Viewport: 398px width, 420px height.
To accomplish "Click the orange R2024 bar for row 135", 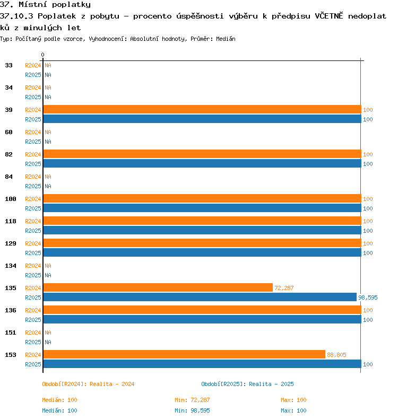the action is pos(158,287).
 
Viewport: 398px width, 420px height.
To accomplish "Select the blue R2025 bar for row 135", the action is pos(200,297).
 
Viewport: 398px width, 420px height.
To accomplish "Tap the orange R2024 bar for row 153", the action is pos(184,354).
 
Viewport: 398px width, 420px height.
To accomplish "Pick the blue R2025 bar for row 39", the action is pos(202,119).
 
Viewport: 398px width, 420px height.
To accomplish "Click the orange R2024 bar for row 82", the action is pos(202,154).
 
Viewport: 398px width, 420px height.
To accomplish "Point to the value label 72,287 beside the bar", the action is pos(284,288).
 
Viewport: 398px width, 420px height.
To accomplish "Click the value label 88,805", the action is pos(336,355).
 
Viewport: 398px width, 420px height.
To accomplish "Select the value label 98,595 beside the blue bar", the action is pos(368,297).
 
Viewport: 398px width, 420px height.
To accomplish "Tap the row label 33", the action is pos(8,65).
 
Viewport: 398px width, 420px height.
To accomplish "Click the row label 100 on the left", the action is pos(11,199).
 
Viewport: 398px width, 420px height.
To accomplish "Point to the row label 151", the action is pos(11,332).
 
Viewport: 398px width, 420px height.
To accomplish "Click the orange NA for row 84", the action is pos(48,177).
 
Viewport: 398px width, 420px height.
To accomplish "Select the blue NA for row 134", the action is pos(48,275).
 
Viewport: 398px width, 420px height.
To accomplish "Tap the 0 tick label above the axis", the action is pos(42,55).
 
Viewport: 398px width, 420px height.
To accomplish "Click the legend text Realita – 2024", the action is pos(112,384).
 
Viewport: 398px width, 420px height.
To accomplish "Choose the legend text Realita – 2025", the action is pos(271,384).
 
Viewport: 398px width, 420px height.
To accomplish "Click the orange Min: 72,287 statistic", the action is pos(192,400).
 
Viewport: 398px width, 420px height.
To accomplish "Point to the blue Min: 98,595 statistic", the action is pos(192,410).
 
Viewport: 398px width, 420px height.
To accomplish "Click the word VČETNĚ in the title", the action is pos(329,16).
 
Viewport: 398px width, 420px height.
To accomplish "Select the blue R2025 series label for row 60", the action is pos(33,142).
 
